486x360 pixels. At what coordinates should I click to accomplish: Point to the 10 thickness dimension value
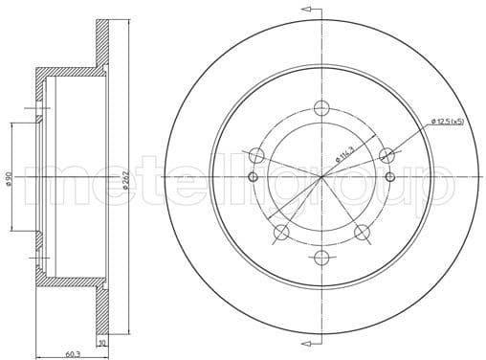[101, 340]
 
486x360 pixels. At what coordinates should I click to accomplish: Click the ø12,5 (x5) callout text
[447, 121]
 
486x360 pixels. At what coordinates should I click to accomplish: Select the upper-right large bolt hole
[387, 155]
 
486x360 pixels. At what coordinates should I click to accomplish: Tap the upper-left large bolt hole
[256, 155]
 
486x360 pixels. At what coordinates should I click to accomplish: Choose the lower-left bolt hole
[281, 232]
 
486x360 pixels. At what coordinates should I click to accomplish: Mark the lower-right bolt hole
[362, 232]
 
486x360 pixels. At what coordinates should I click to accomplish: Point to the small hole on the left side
[253, 177]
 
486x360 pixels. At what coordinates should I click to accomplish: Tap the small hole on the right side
[390, 177]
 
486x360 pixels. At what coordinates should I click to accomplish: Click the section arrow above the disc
[308, 10]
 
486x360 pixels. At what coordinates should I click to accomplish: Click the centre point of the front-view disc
[321, 177]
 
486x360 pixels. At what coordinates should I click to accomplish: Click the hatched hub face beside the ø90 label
[39, 177]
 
